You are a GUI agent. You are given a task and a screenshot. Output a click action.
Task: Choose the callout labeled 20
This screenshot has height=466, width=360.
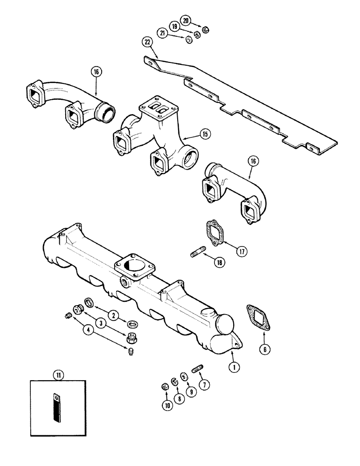pyautogui.click(x=187, y=21)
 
